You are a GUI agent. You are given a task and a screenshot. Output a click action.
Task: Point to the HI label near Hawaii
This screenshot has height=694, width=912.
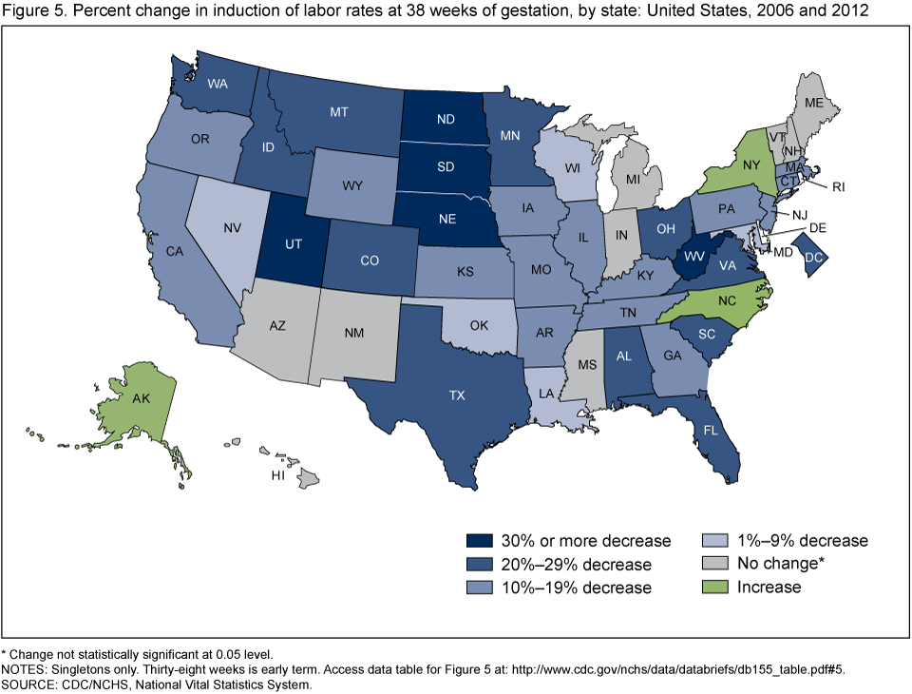[277, 473]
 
